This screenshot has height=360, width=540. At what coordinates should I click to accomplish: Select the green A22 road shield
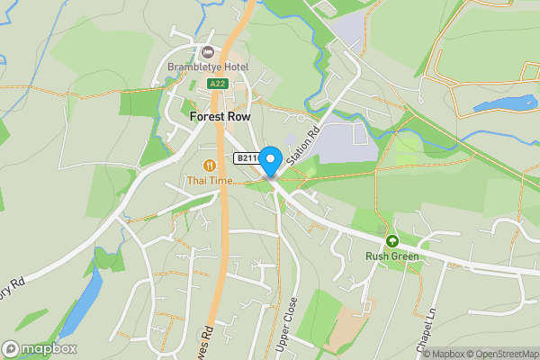pos(216,84)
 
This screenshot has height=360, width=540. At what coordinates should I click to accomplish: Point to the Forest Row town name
pos(220,116)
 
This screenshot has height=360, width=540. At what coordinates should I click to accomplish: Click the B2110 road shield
pos(247,158)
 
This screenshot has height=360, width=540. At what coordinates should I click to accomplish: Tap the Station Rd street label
pos(303,144)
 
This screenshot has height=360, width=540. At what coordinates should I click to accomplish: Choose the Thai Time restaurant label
pos(210,181)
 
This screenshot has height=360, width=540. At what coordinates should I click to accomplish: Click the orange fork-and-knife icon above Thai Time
pos(210,166)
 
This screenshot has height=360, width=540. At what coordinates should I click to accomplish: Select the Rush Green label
pos(392,256)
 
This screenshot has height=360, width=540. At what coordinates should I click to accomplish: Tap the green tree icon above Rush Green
pos(392,241)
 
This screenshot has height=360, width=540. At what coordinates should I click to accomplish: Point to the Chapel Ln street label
pos(435,322)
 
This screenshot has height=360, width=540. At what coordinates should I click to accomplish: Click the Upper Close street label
pos(288,324)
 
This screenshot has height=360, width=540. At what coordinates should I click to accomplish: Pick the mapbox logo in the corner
pos(40,348)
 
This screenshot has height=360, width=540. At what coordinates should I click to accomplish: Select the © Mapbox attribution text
pos(441,354)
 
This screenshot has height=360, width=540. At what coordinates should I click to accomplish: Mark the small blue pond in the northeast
pos(505,104)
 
